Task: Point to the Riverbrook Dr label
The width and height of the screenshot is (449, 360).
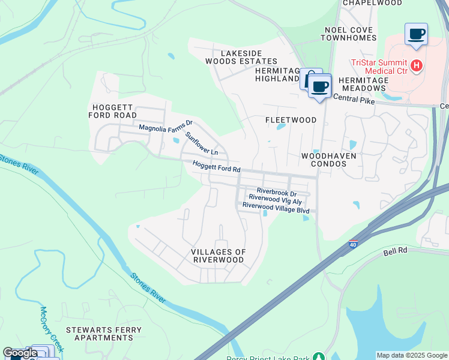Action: pyautogui.click(x=277, y=193)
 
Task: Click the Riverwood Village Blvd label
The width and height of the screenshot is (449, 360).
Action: pyautogui.click(x=276, y=211)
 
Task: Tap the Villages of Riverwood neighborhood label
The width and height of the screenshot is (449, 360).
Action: pyautogui.click(x=218, y=256)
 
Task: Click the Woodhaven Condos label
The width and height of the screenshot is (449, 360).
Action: pyautogui.click(x=329, y=160)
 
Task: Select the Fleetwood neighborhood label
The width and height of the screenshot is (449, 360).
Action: pyautogui.click(x=291, y=120)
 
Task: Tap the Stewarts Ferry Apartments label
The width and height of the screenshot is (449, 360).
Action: pyautogui.click(x=104, y=334)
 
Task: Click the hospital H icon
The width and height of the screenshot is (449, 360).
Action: pyautogui.click(x=417, y=65)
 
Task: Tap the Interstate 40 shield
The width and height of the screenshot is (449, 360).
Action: pyautogui.click(x=353, y=245)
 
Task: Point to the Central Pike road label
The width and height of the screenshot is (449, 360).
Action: pyautogui.click(x=354, y=100)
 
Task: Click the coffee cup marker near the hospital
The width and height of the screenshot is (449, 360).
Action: pyautogui.click(x=416, y=35)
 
